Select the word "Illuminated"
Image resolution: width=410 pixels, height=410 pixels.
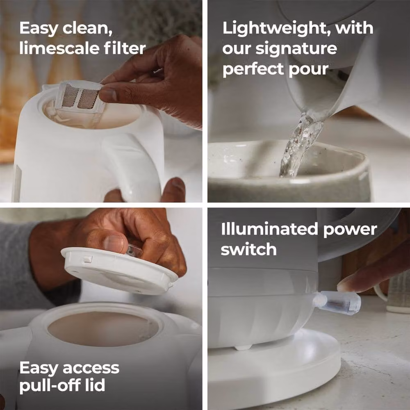tap(269, 229)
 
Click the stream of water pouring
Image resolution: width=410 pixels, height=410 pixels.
tap(301, 145)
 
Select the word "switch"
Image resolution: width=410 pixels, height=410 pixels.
tap(249, 249)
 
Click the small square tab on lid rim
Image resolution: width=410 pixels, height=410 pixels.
tap(88, 259)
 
